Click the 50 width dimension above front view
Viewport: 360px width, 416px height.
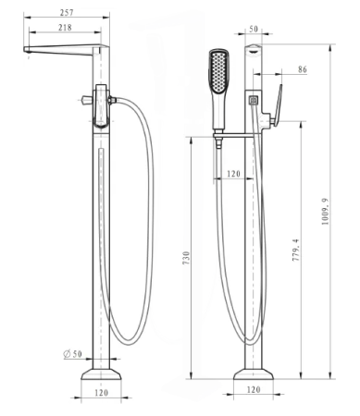pos(254,30)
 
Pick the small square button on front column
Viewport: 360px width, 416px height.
pos(253,95)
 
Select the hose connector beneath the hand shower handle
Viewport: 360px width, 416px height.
pos(219,140)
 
